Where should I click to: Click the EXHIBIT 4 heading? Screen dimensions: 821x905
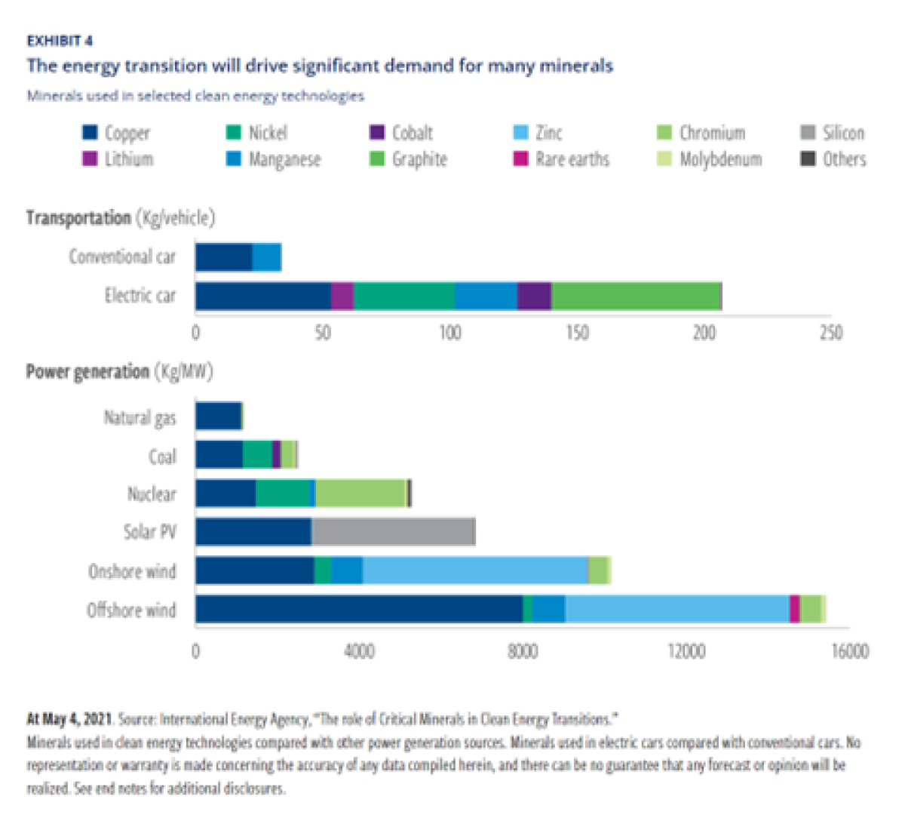[x=60, y=41]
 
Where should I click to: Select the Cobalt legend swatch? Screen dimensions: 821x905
[x=377, y=133]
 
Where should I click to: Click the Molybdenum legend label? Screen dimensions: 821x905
[x=720, y=159]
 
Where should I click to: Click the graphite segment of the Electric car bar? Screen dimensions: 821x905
[x=636, y=296]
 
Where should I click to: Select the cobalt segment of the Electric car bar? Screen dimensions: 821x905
[x=534, y=296]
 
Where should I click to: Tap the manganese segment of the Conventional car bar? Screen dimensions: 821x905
[x=266, y=257]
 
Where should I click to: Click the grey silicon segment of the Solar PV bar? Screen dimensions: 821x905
[x=393, y=532]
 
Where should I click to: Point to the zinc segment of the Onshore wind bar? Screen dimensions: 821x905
[x=475, y=570]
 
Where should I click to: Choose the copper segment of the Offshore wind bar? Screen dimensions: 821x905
[x=358, y=609]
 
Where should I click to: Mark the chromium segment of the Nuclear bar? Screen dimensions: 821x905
[x=360, y=494]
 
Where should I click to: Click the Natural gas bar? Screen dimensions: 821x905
[x=219, y=417]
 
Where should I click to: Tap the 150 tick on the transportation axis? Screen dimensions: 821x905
[x=578, y=333]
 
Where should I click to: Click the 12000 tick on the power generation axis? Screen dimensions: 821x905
[x=686, y=650]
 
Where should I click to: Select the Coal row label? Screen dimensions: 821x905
[x=162, y=456]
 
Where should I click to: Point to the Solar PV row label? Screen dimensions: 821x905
[x=149, y=532]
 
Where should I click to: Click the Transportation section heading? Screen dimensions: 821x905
[x=78, y=218]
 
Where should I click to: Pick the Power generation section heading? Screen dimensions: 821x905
[x=87, y=372]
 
